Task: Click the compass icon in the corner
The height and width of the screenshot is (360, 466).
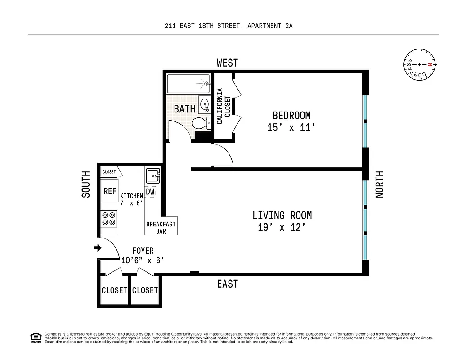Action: click(420, 65)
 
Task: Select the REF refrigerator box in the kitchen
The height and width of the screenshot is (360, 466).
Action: click(110, 191)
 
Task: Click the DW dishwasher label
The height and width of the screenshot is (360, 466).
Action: click(150, 192)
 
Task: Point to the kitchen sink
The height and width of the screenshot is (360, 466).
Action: click(152, 175)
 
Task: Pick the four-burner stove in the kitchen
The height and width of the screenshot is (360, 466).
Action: click(108, 219)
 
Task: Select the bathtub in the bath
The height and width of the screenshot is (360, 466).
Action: click(188, 84)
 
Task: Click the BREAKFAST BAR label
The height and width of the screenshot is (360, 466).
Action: click(161, 228)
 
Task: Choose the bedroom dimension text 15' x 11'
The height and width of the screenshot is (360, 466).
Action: click(291, 128)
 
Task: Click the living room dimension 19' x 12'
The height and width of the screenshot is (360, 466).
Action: click(282, 227)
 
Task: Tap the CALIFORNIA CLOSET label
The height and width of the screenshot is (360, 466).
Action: click(223, 106)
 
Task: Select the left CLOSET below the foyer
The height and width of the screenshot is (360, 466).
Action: click(114, 290)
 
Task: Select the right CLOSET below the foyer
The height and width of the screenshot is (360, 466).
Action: click(145, 290)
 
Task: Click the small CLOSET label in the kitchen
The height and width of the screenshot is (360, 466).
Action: click(109, 172)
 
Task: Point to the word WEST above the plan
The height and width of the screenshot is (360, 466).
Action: click(227, 63)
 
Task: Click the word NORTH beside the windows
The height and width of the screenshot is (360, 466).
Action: click(380, 184)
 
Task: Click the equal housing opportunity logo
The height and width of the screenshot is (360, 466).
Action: click(35, 337)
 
